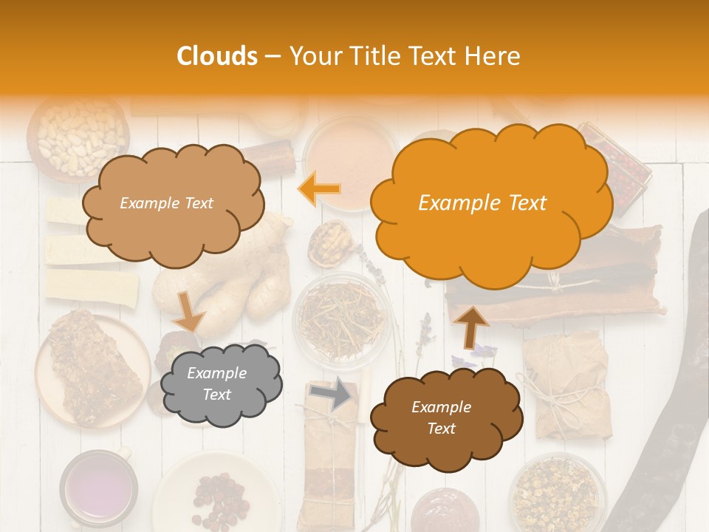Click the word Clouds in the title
[x=217, y=56]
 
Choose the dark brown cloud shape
[x=442, y=417]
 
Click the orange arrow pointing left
[x=320, y=189]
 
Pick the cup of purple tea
[x=98, y=488]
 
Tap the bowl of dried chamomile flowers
[x=558, y=493]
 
